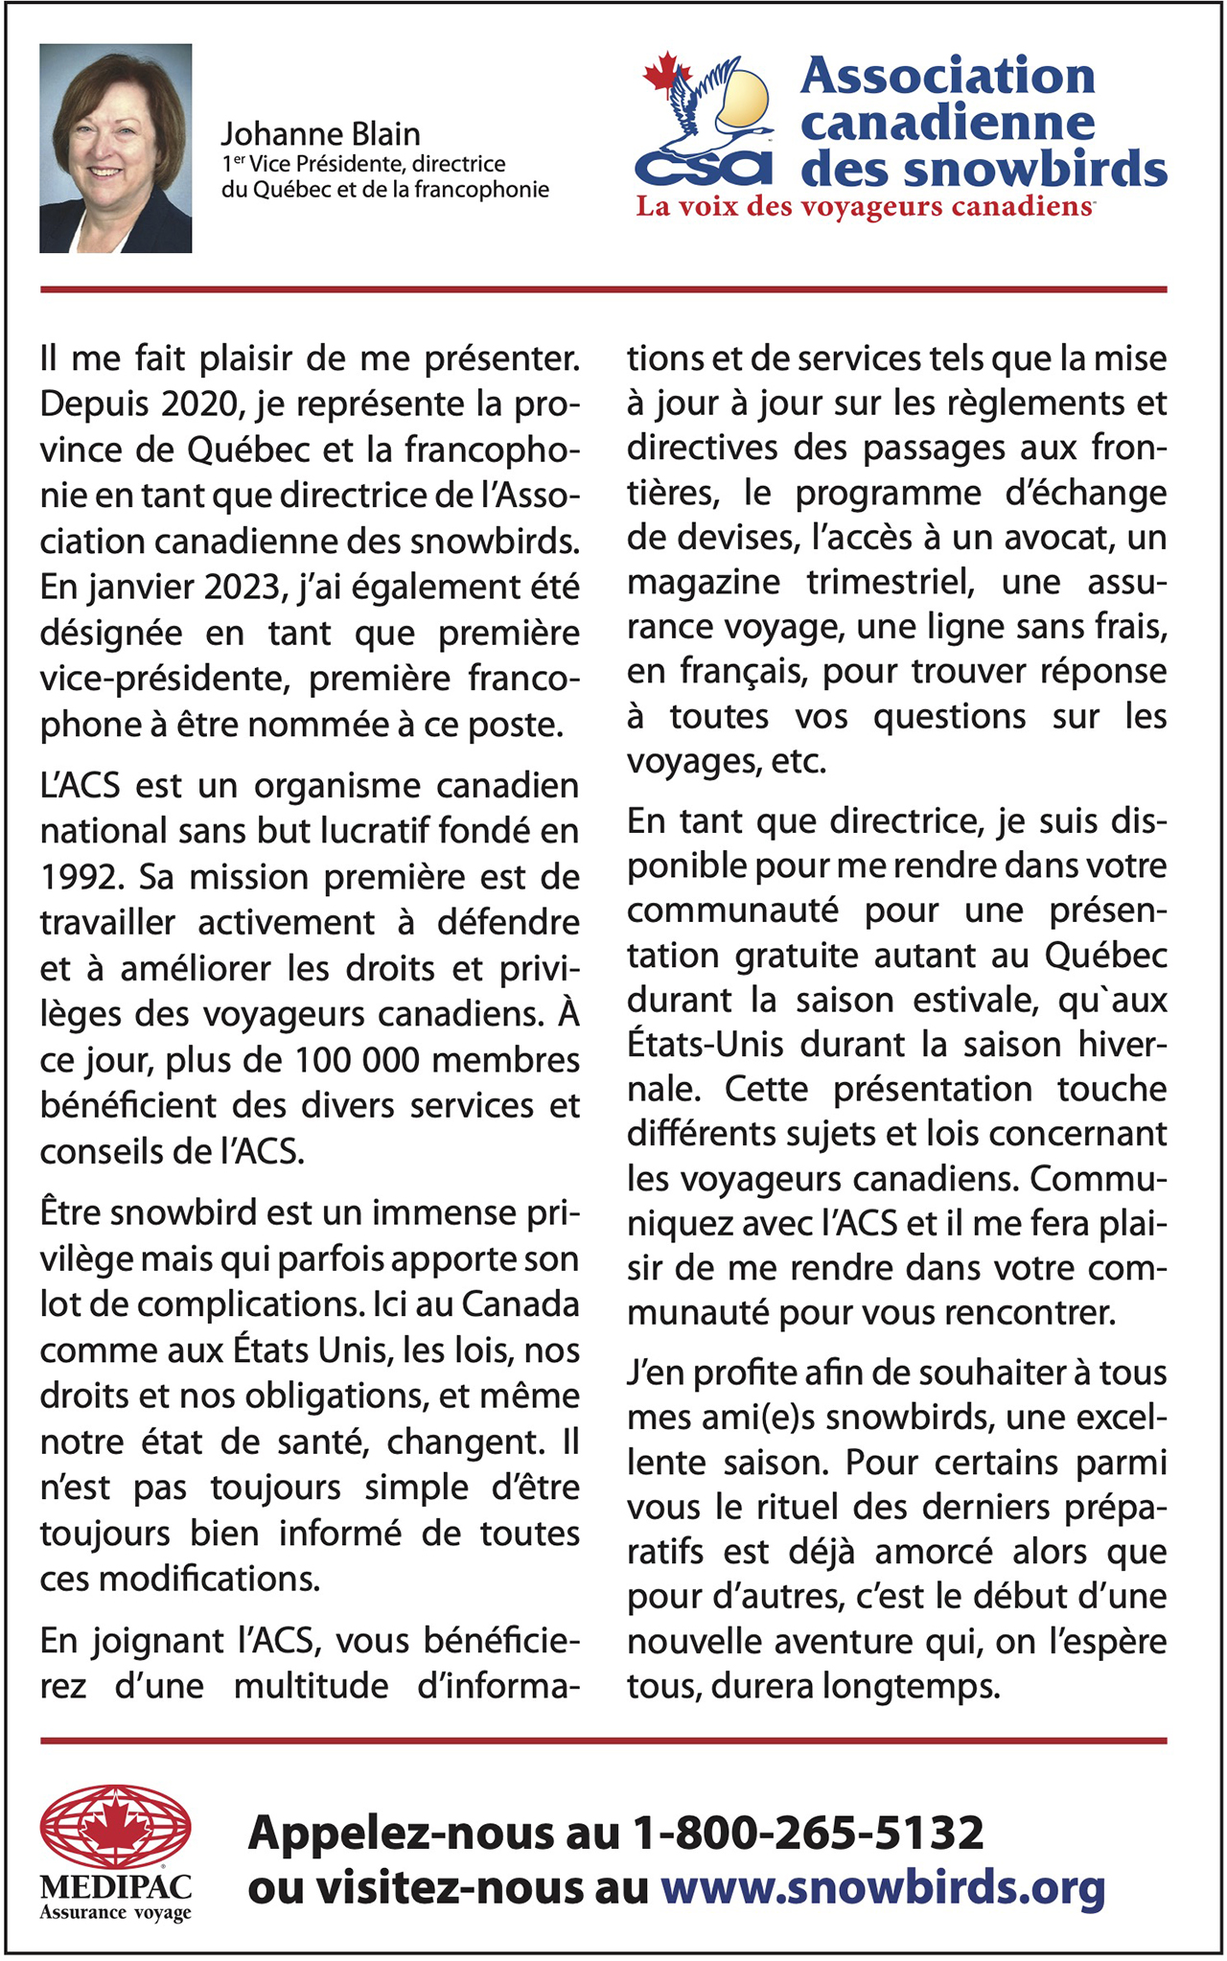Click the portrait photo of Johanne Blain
pyautogui.click(x=115, y=148)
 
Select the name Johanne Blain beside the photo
pyautogui.click(x=321, y=134)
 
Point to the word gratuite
pyautogui.click(x=797, y=956)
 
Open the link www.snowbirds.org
pyautogui.click(x=883, y=1887)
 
